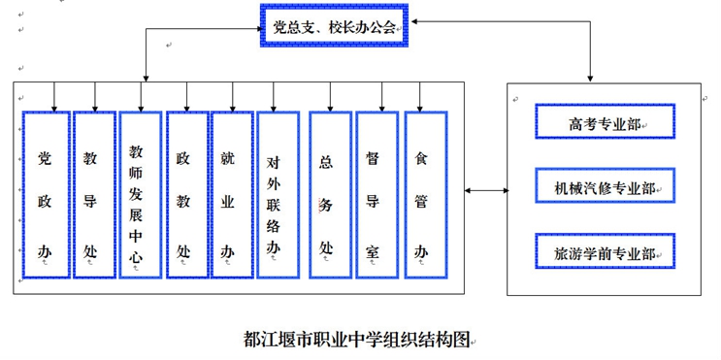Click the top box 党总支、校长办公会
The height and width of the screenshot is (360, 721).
pyautogui.click(x=334, y=27)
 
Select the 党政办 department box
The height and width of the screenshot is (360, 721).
pyautogui.click(x=45, y=194)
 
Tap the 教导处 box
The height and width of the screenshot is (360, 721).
pyautogui.click(x=93, y=194)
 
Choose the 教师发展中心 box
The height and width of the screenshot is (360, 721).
pyautogui.click(x=138, y=194)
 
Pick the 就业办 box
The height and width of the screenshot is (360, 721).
pyautogui.click(x=230, y=194)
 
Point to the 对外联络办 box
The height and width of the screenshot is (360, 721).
pyautogui.click(x=277, y=194)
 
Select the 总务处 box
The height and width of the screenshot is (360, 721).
pyautogui.click(x=327, y=194)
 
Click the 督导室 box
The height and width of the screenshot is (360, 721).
pyautogui.click(x=374, y=194)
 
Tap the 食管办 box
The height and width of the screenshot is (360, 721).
pyautogui.click(x=421, y=194)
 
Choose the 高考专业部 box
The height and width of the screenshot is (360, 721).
pyautogui.click(x=605, y=123)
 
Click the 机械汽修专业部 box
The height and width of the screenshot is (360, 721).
pyautogui.click(x=605, y=187)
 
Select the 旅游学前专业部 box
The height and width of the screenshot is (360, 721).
pyautogui.click(x=605, y=251)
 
